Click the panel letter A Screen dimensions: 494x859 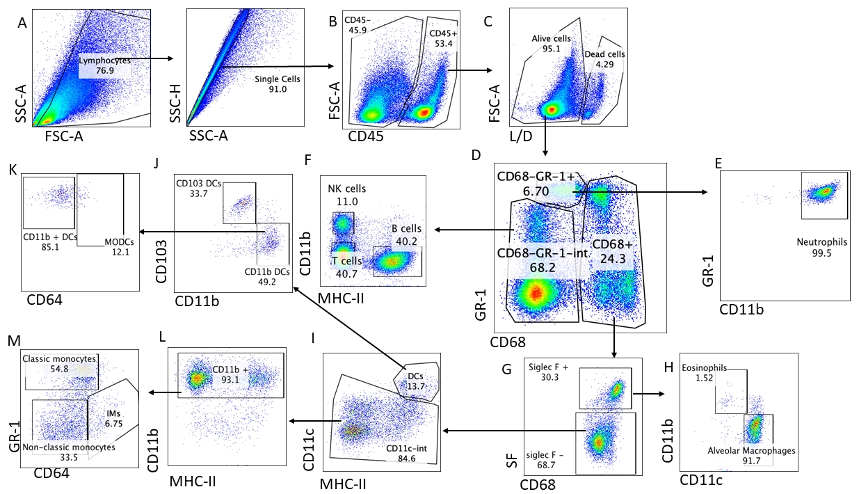[x=22, y=23]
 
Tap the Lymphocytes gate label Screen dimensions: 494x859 [x=104, y=61]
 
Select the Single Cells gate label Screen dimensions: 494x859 [x=278, y=79]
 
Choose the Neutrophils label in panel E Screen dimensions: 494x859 [x=819, y=243]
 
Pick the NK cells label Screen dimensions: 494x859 [x=346, y=189]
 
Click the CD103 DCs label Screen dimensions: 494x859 [x=200, y=184]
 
